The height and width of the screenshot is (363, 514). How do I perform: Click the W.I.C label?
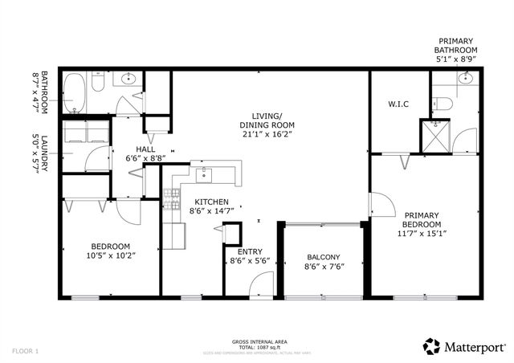pos(398,103)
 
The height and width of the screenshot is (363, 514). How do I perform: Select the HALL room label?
pos(145,149)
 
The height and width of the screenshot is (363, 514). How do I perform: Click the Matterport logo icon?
pos(433,346)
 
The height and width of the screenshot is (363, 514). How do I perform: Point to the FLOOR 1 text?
pos(26,351)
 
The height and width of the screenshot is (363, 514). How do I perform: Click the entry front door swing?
pos(260,285)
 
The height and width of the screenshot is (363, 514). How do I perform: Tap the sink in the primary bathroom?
pos(464,79)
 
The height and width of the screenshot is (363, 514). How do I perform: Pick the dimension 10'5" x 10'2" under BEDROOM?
pos(112,256)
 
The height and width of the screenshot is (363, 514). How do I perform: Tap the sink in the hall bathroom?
pos(128,80)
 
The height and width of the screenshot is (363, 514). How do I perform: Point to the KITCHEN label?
pos(209,202)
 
